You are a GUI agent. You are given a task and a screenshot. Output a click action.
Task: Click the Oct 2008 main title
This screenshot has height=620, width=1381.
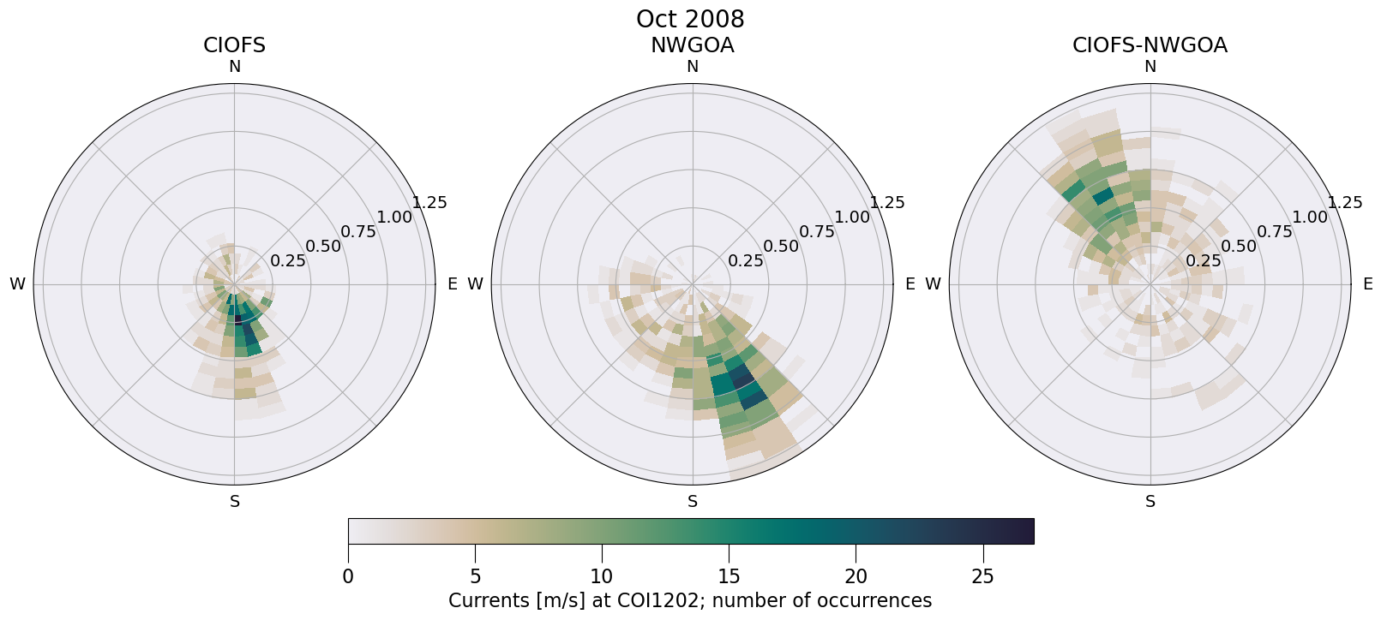coord(690,19)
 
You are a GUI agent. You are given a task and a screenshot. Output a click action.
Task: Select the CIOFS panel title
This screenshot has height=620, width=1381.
coord(234,45)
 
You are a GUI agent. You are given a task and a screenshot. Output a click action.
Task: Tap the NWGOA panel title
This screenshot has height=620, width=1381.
coord(692,45)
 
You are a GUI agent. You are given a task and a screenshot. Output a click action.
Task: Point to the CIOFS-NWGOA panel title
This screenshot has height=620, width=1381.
coord(1150,45)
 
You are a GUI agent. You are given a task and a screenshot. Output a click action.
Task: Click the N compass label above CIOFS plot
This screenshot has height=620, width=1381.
coord(234,67)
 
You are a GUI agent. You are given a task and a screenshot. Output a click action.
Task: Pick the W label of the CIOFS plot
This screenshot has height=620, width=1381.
coord(17,284)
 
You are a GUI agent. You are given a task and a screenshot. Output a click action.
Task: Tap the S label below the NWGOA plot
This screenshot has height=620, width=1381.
coord(692,502)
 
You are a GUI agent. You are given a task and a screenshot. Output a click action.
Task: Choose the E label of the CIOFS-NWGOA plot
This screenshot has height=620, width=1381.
coord(1367,284)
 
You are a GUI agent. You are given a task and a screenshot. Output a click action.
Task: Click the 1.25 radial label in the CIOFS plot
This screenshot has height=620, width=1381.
coord(429,203)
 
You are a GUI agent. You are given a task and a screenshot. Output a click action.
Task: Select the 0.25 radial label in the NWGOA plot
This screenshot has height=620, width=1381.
coord(746,261)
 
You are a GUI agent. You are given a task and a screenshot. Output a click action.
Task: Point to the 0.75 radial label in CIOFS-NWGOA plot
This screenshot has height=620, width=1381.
coord(1275,231)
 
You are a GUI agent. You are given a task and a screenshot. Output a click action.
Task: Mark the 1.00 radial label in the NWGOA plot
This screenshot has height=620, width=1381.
coord(852,218)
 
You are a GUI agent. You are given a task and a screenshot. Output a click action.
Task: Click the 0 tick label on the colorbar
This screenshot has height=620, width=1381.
coord(348,576)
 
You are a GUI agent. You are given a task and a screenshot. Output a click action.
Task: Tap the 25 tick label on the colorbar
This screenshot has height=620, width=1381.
coord(982,576)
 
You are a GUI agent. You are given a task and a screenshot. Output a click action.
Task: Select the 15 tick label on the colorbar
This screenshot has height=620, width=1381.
coord(729,576)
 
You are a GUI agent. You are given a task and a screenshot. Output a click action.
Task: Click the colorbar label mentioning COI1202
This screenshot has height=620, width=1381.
coord(690,600)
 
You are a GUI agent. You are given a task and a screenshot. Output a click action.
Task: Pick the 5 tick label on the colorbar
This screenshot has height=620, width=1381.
coord(475,576)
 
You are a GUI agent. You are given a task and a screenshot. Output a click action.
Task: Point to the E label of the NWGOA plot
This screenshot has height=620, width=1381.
coord(910,284)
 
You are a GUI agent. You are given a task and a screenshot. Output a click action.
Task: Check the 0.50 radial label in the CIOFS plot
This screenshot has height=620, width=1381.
coord(323,247)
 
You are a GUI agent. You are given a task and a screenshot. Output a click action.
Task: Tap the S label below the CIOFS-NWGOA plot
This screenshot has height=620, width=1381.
coord(1150,502)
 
